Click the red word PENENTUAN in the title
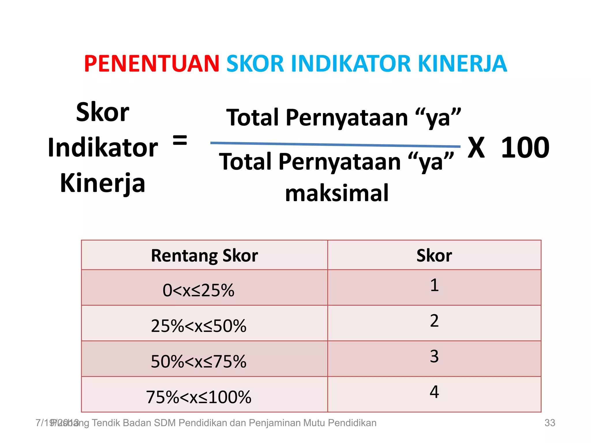[x=152, y=64]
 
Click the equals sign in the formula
[x=180, y=140]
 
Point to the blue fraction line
[x=335, y=144]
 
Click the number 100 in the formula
[x=525, y=148]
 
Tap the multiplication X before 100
[x=476, y=148]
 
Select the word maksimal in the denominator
[x=337, y=193]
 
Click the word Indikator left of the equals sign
[x=103, y=148]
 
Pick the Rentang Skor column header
[x=204, y=256]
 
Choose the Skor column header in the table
[x=434, y=256]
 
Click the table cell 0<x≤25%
[x=199, y=290]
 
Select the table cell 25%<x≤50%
[x=199, y=326]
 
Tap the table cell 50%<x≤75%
[x=199, y=361]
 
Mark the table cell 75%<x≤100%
[x=199, y=397]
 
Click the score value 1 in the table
[x=434, y=285]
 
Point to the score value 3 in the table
[x=434, y=356]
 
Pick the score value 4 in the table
[x=434, y=392]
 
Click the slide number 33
[x=549, y=423]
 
